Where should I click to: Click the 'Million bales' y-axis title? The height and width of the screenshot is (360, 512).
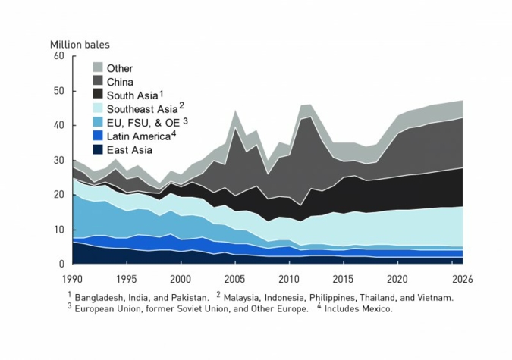pyautogui.click(x=80, y=44)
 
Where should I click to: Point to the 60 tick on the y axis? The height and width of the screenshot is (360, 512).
pyautogui.click(x=58, y=57)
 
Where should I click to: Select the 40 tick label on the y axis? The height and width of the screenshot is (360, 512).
pyautogui.click(x=58, y=126)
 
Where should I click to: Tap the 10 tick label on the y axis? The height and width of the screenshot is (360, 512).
pyautogui.click(x=58, y=230)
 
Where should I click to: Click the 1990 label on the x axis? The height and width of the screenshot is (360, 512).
pyautogui.click(x=74, y=278)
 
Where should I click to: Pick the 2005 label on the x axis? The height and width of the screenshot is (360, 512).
pyautogui.click(x=235, y=278)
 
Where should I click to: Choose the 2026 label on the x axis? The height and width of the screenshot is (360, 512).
pyautogui.click(x=462, y=278)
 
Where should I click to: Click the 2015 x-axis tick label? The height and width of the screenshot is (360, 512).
pyautogui.click(x=344, y=278)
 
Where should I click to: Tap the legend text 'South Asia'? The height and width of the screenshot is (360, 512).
pyautogui.click(x=131, y=95)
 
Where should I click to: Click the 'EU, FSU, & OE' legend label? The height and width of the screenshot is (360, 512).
pyautogui.click(x=140, y=123)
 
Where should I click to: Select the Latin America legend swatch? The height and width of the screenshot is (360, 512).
pyautogui.click(x=97, y=136)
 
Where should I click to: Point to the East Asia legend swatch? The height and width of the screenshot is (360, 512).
pyautogui.click(x=97, y=150)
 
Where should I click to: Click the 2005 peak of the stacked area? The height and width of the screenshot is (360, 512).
pyautogui.click(x=236, y=111)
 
